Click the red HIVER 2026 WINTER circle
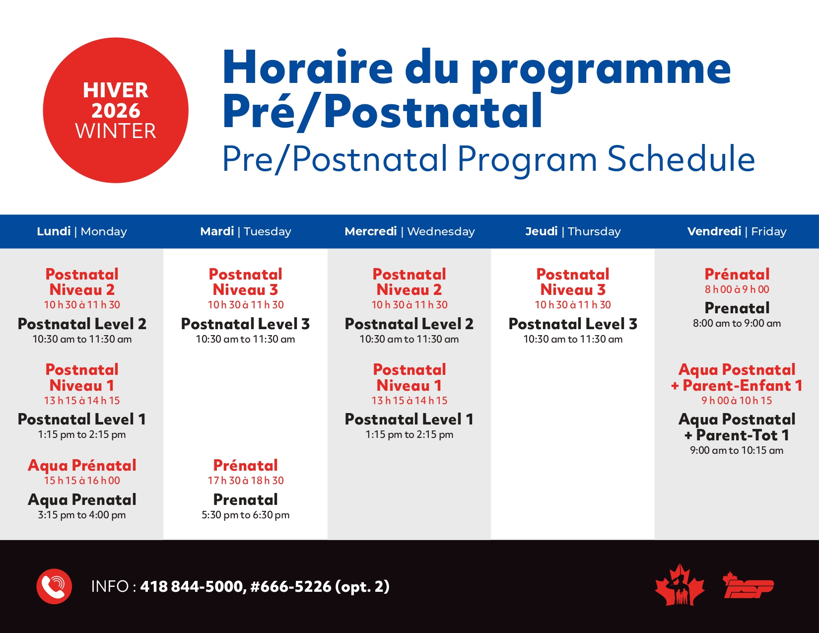[x=116, y=110]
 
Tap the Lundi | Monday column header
[x=82, y=231]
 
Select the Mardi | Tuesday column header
[x=245, y=231]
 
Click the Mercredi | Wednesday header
[x=409, y=231]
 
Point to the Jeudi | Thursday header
[x=573, y=231]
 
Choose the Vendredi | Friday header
[x=737, y=231]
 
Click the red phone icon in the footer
[x=54, y=586]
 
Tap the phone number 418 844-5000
[x=193, y=587]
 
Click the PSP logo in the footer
[x=748, y=586]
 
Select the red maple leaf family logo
[x=680, y=586]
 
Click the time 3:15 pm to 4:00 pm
[x=82, y=515]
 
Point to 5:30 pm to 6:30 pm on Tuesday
[x=245, y=515]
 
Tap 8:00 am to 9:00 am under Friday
[x=737, y=323]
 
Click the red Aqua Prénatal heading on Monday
[x=82, y=465]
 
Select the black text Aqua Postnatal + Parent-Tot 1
[x=737, y=427]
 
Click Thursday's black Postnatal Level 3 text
[x=573, y=324]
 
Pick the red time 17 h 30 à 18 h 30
[x=245, y=481]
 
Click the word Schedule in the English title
[x=681, y=159]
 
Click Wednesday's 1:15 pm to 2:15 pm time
[x=409, y=434]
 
